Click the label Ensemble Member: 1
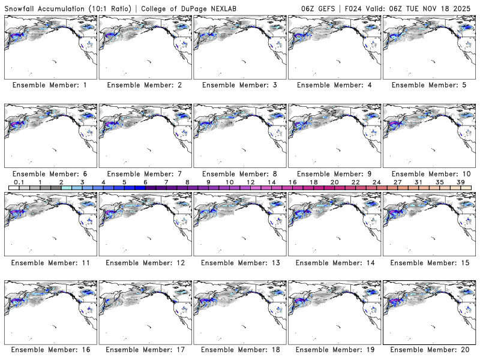(x=50, y=85)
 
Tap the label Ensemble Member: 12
(x=145, y=263)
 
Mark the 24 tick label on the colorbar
(x=376, y=182)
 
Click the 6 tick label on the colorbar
(x=145, y=182)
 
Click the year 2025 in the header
(x=464, y=7)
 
